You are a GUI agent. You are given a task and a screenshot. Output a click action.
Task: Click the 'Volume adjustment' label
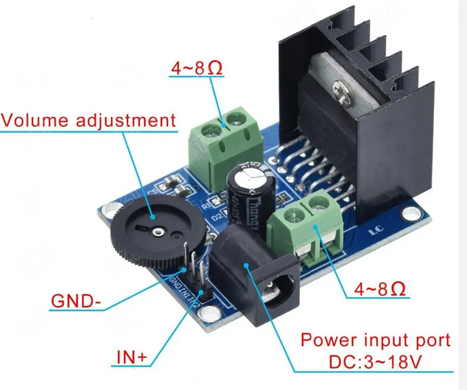(88, 121)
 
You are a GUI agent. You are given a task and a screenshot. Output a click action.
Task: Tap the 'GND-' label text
(76, 300)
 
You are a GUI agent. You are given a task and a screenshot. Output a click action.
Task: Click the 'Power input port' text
(375, 339)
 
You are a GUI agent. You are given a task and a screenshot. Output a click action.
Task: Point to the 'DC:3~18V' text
(375, 362)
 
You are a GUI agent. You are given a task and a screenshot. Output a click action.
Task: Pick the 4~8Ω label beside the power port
(381, 289)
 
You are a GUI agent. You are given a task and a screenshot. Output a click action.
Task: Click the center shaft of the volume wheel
(156, 230)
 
